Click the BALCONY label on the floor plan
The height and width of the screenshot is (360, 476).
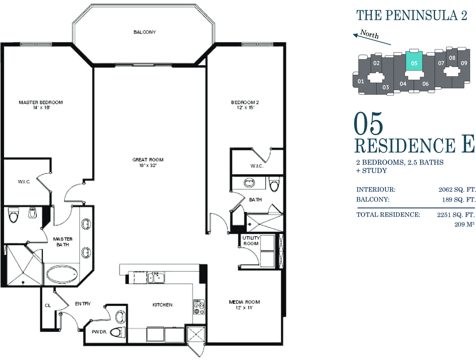pos(145,32)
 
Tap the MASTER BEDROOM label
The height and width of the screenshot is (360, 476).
pos(40,102)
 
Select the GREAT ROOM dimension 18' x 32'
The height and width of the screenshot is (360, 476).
pos(148,165)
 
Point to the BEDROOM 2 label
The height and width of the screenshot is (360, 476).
pos(245,102)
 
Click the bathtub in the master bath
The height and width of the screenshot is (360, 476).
pos(62,274)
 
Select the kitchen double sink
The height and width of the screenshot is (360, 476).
pos(155,277)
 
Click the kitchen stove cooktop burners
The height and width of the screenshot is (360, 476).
pos(199,307)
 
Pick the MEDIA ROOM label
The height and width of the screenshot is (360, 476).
pos(244,302)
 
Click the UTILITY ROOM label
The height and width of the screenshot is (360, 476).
pos(251,241)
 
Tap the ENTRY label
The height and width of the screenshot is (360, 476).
pos(83,303)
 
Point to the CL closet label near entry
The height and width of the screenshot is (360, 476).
pos(48,306)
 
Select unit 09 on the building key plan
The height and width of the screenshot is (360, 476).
pos(464,63)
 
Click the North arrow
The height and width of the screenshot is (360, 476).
pos(372,38)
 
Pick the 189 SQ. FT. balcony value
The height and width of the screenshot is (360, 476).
pos(459,199)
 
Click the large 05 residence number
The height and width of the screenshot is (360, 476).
pos(369,123)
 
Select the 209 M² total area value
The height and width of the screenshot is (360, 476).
pos(464,225)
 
